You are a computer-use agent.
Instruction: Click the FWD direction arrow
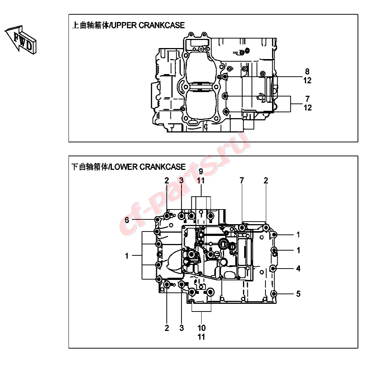[21, 40]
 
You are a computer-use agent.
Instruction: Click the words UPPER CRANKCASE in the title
[148, 25]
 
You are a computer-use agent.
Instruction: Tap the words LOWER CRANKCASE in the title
[148, 167]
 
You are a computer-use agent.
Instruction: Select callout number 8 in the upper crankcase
[307, 71]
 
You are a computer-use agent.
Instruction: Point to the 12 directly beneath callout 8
[307, 80]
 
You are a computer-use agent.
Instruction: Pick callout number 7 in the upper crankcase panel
[307, 98]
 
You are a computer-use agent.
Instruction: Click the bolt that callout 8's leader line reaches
[225, 77]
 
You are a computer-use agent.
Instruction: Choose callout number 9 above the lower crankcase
[201, 171]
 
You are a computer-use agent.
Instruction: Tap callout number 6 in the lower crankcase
[127, 220]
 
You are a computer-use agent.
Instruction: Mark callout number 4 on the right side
[298, 269]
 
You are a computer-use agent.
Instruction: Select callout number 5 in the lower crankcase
[298, 294]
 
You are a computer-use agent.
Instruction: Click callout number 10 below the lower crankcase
[202, 328]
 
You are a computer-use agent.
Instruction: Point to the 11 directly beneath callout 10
[201, 337]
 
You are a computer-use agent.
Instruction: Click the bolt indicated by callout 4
[273, 269]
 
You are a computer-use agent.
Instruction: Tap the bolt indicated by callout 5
[274, 294]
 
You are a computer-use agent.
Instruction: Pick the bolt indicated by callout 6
[157, 220]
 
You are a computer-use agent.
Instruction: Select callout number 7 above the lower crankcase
[242, 181]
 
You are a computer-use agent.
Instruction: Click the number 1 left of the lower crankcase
[127, 256]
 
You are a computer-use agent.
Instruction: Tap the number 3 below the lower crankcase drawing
[181, 328]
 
